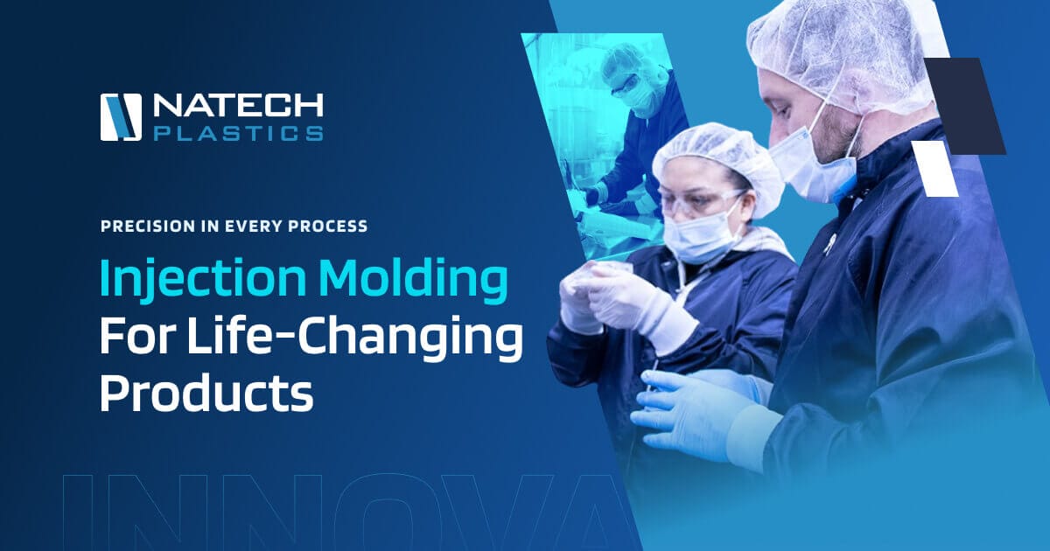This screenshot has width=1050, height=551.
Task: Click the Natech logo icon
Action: pyautogui.click(x=121, y=117)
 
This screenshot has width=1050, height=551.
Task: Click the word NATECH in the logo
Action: pyautogui.click(x=238, y=105)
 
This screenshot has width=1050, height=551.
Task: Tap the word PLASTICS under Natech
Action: pyautogui.click(x=239, y=133)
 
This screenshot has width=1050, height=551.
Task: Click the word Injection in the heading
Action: pyautogui.click(x=203, y=280)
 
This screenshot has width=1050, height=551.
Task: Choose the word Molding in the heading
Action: pyautogui.click(x=413, y=280)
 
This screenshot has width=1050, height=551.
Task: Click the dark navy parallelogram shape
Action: pyautogui.click(x=966, y=106)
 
